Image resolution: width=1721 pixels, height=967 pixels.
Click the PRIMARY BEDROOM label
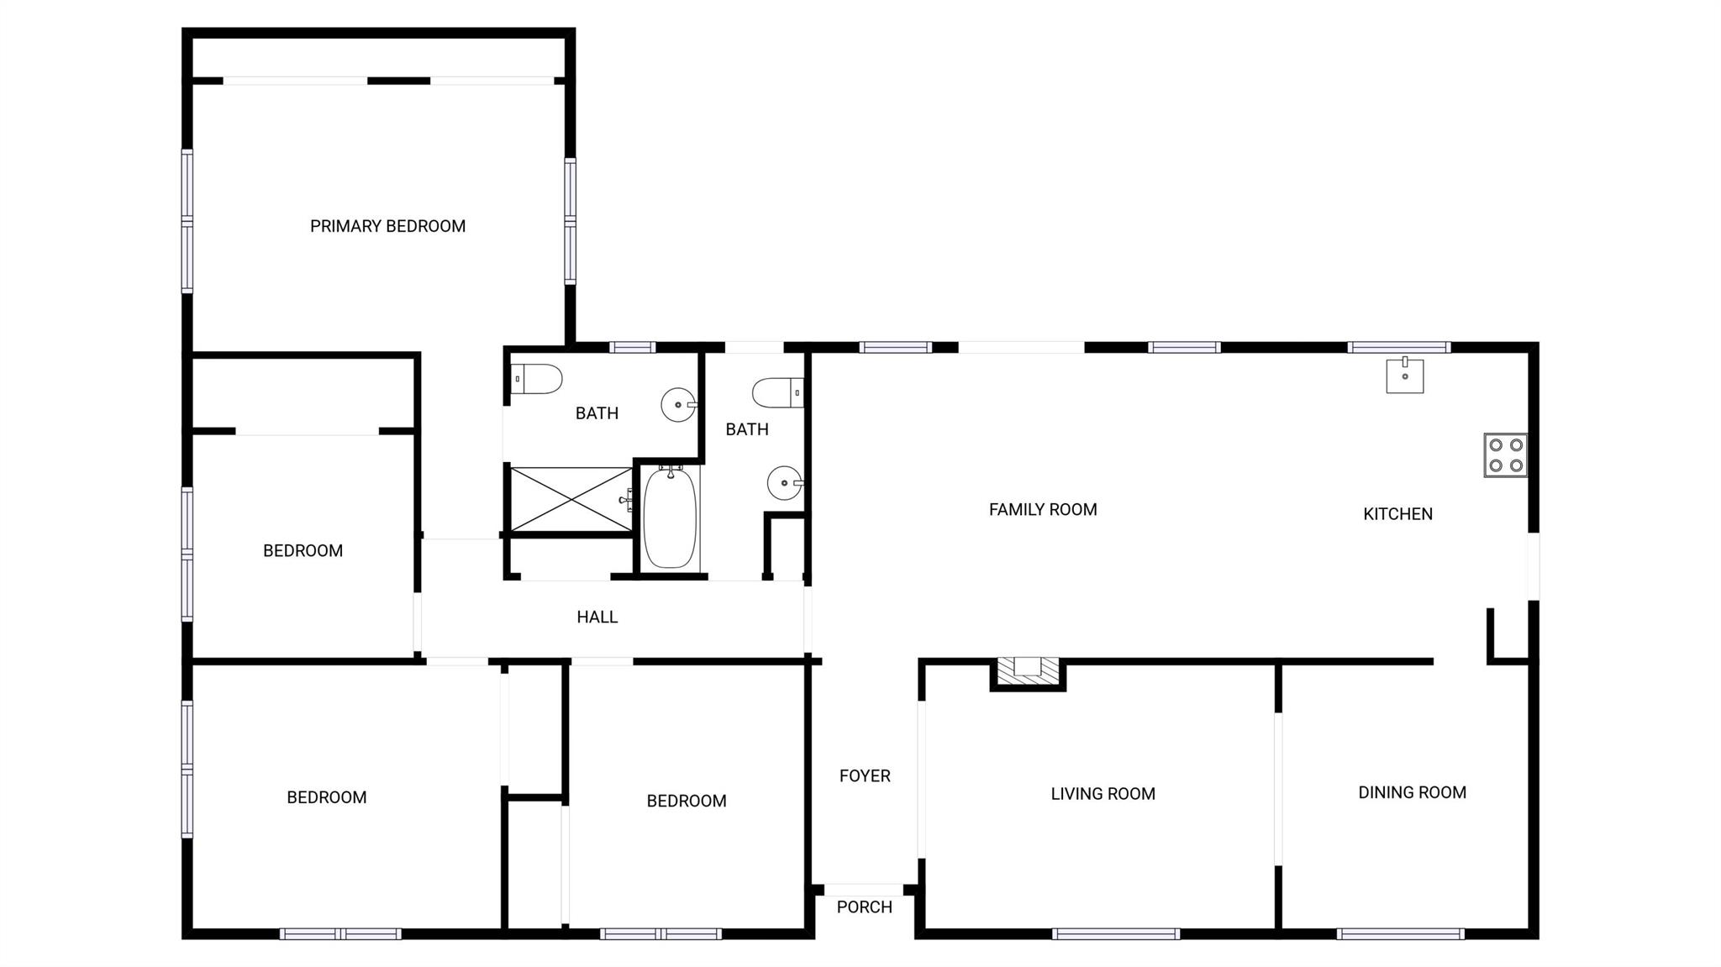coord(387,226)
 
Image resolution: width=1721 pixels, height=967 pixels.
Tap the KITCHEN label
coord(1397,514)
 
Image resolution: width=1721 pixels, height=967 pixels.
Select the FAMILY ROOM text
coord(1043,509)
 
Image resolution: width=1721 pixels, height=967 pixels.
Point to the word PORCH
coord(865,907)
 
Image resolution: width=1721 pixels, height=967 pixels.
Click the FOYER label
coord(865,776)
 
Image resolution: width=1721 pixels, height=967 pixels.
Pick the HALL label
coord(597,618)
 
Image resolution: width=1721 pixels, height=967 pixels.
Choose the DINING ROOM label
coord(1413,792)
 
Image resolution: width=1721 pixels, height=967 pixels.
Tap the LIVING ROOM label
coord(1103,794)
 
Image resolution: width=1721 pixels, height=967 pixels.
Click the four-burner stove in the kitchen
coord(1506,455)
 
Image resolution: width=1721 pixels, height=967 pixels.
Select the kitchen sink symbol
coord(1405,376)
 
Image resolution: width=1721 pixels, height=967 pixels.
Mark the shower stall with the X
coord(571,500)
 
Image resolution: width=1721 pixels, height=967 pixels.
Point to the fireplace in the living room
coord(1028,672)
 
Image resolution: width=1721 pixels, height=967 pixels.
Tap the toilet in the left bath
coord(536,379)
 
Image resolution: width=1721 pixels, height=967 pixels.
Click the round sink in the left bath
coord(678,405)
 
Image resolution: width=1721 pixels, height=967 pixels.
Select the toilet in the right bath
coord(778,393)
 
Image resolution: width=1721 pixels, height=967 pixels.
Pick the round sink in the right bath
coord(785,483)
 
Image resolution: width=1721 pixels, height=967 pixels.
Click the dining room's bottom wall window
coord(1400,933)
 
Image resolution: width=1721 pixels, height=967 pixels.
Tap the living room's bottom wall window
coord(1116,933)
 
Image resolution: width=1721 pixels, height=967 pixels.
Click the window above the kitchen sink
coord(1399,347)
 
